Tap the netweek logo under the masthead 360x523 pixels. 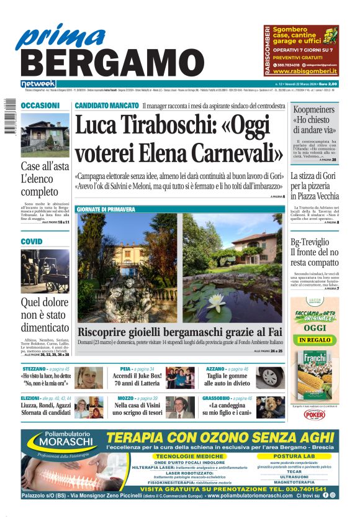(x=38, y=84)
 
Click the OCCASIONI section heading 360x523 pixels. (x=40, y=106)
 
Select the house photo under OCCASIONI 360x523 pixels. (x=45, y=135)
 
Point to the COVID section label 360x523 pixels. (x=32, y=241)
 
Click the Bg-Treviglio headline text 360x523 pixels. (x=315, y=243)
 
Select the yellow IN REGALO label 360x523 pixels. (x=315, y=340)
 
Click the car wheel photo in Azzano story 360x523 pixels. (x=270, y=377)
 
